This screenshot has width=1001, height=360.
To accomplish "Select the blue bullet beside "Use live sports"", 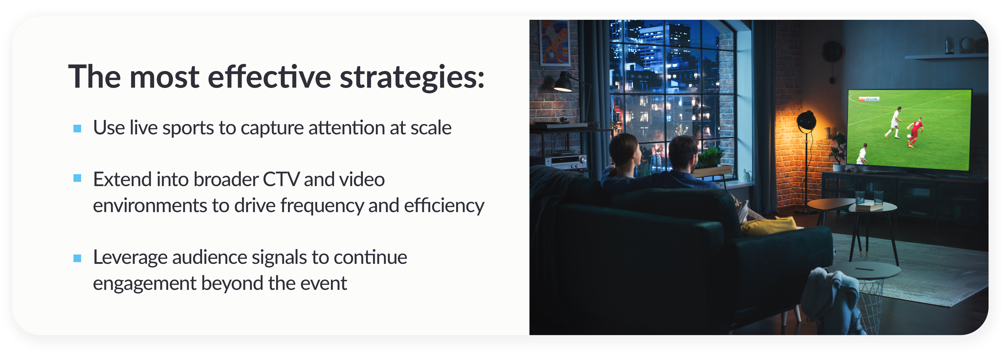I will (x=77, y=128).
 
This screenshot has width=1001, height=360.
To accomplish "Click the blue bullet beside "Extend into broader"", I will (x=77, y=178).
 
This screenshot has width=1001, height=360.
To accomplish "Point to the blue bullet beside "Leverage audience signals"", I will (x=77, y=258).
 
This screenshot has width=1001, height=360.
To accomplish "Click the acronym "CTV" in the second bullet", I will (x=281, y=180).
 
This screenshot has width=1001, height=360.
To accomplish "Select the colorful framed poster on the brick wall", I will (x=555, y=43).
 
